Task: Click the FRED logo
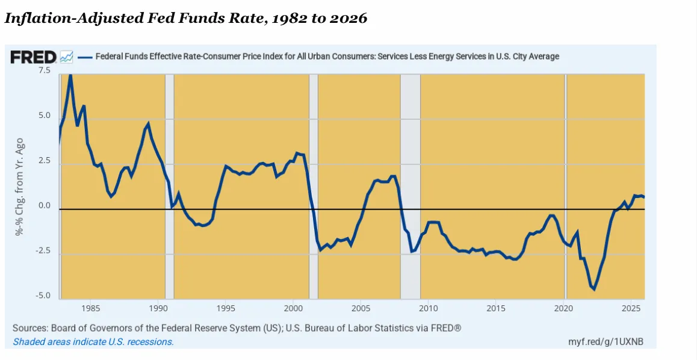coord(34,57)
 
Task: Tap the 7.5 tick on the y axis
coord(45,70)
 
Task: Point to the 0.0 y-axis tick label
coord(45,206)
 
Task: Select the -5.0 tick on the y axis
coord(44,296)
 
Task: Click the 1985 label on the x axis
coord(90,309)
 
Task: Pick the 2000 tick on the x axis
coord(293,309)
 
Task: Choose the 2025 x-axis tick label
coord(631,309)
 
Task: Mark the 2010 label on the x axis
coord(428,309)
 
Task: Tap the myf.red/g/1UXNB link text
coord(606,342)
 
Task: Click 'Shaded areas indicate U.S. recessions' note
coord(93,342)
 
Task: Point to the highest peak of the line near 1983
coord(70,75)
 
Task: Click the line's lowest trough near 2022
coord(594,289)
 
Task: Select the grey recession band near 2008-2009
coord(410,187)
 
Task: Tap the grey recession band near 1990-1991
coord(170,187)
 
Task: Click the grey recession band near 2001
coord(313,187)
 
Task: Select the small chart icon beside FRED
coord(67,57)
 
